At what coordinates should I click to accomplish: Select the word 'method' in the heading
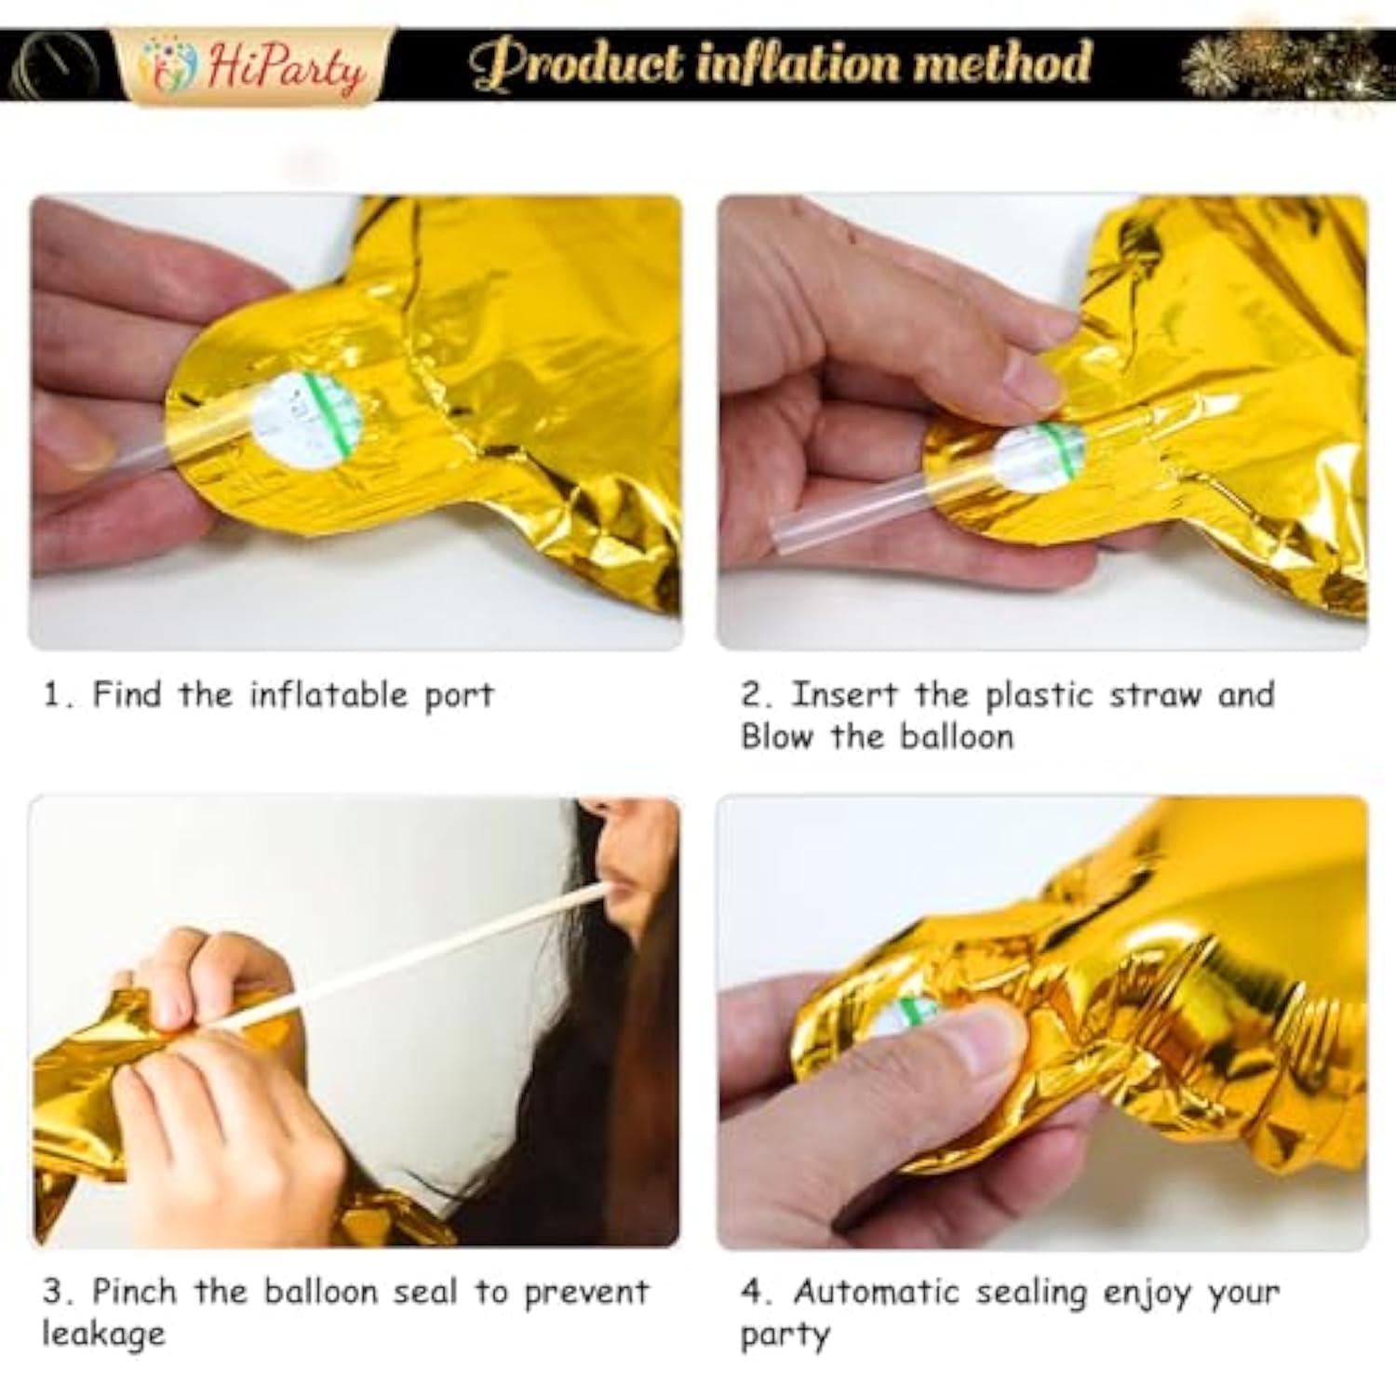pos(1001,63)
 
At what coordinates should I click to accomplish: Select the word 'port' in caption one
pos(459,696)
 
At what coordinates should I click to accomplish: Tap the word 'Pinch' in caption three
pos(134,1293)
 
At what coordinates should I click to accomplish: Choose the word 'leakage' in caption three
pos(103,1335)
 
